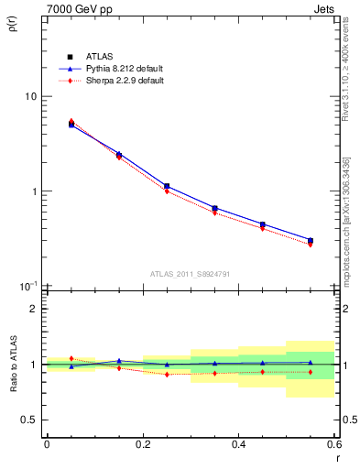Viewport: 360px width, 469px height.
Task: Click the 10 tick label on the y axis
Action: click(29, 96)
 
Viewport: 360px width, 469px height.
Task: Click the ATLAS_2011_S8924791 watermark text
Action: click(191, 273)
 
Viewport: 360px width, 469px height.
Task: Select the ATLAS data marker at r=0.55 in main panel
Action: click(311, 241)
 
